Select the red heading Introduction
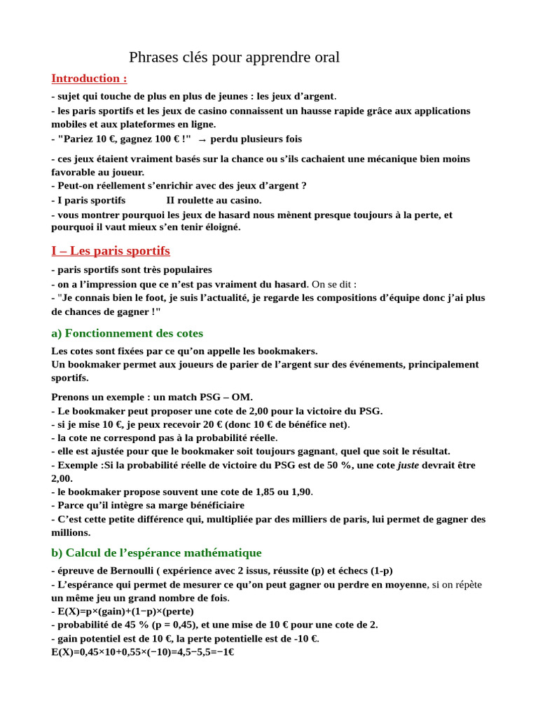pyautogui.click(x=89, y=79)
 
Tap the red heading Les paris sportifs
pyautogui.click(x=111, y=251)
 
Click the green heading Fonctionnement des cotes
pyautogui.click(x=127, y=333)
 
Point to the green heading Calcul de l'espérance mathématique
pyautogui.click(x=156, y=553)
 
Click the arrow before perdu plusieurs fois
pyautogui.click(x=202, y=140)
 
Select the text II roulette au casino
pyautogui.click(x=214, y=201)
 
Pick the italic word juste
pyautogui.click(x=409, y=465)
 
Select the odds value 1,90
pyautogui.click(x=299, y=492)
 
